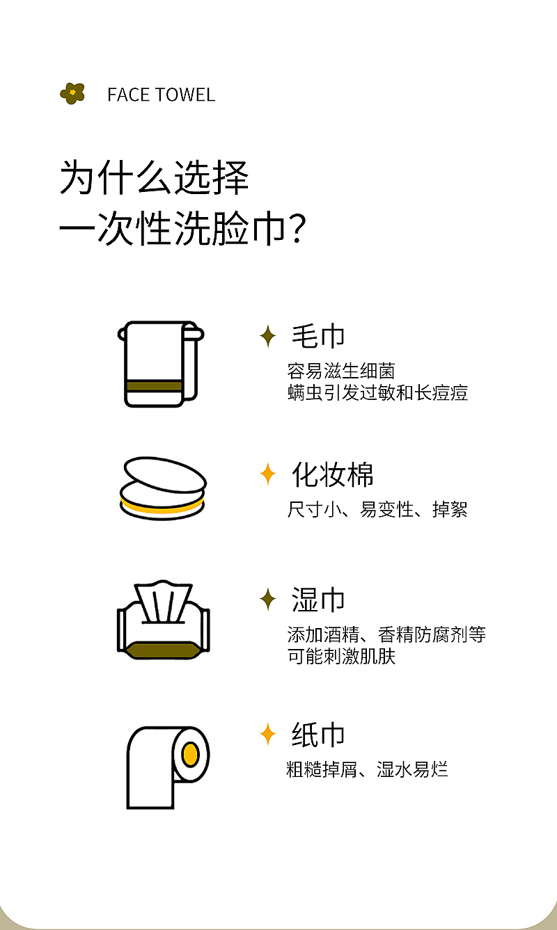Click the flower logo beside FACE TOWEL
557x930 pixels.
[72, 93]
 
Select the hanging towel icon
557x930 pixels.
[161, 364]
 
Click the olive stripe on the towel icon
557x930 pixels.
[154, 386]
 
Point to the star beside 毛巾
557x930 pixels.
[267, 336]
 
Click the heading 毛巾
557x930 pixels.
[318, 336]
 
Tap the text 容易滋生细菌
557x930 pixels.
[341, 371]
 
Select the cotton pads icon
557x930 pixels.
[163, 489]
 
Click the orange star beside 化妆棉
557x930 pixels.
[267, 474]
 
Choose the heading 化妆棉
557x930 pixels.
[333, 474]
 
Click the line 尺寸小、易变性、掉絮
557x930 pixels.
[377, 509]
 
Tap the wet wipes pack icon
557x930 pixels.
[164, 620]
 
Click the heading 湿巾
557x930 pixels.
[318, 600]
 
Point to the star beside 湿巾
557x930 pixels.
[267, 600]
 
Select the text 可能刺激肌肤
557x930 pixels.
[341, 657]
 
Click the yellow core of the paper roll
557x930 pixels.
[190, 754]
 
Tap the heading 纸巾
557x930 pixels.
[318, 735]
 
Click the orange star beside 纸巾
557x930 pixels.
[267, 734]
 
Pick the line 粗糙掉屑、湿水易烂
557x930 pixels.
[368, 769]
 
